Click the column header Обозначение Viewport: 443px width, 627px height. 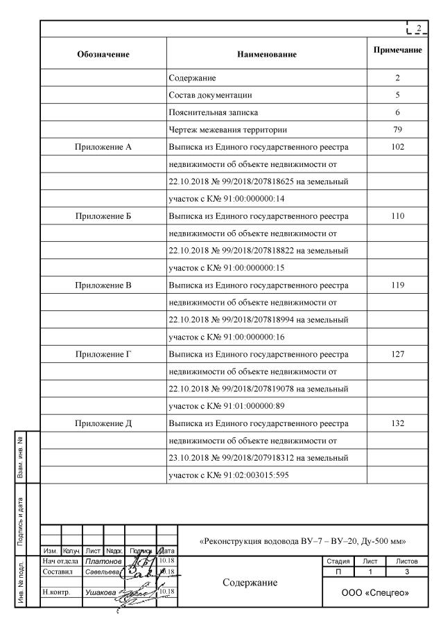pos(103,53)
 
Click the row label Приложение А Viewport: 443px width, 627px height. pos(103,146)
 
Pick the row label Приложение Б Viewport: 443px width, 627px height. pos(103,215)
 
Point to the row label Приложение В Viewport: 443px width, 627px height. pos(103,285)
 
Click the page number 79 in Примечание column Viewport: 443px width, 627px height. pos(397,129)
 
